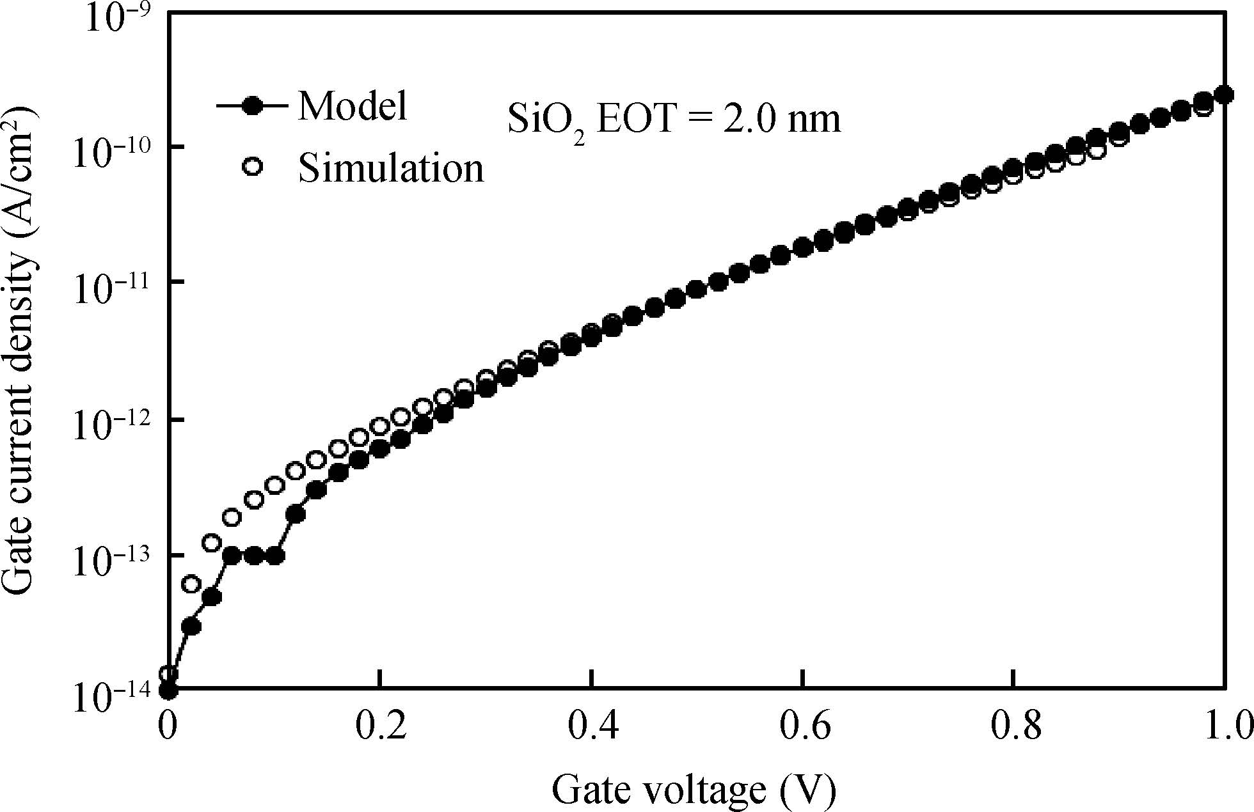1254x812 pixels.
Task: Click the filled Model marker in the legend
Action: coord(254,105)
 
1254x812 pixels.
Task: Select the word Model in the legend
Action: coord(353,105)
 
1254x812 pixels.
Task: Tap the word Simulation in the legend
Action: coord(391,169)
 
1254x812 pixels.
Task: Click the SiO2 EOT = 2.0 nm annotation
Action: coord(674,120)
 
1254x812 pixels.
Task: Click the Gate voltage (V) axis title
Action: coord(694,790)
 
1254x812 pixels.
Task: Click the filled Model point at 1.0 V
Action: coord(1224,95)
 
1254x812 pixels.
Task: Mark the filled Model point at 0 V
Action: coord(168,691)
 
